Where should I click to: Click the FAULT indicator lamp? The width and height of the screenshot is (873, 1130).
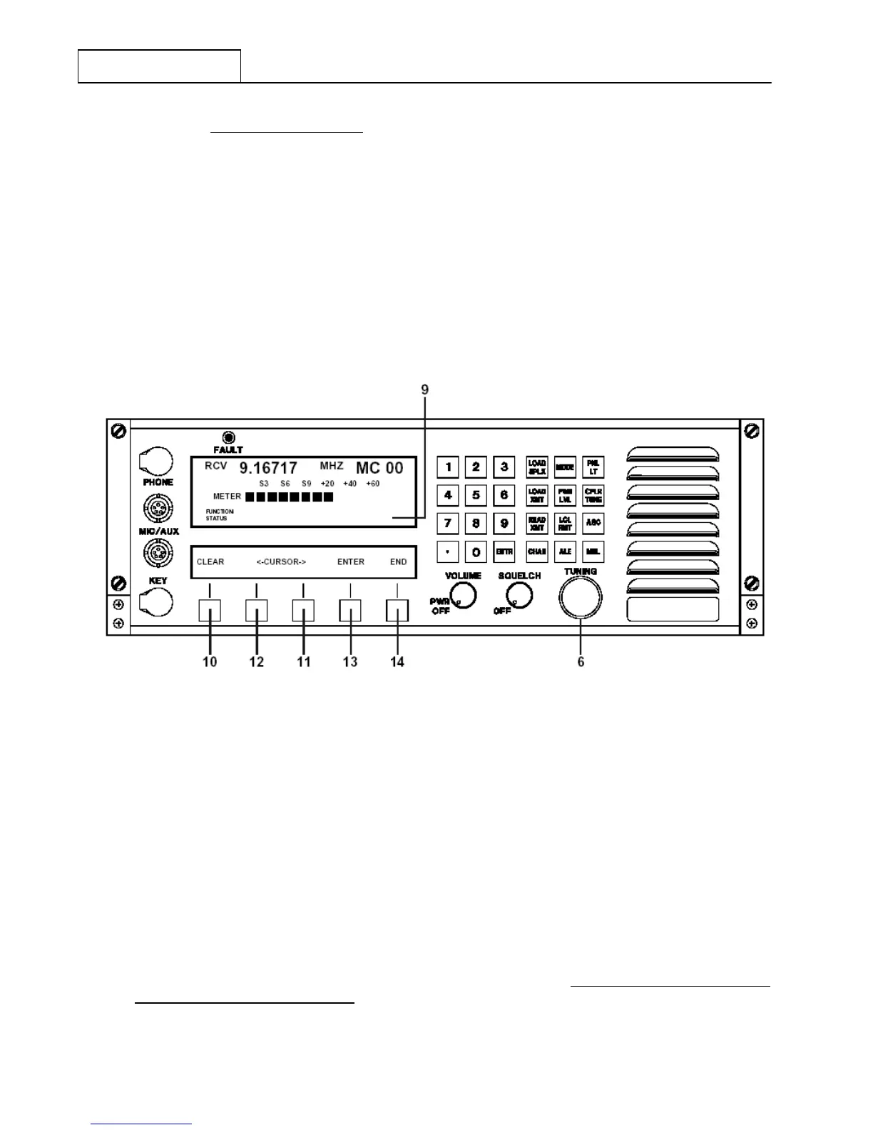pyautogui.click(x=228, y=438)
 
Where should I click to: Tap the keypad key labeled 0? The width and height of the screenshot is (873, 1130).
pyautogui.click(x=476, y=551)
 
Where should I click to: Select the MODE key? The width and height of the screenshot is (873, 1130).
pyautogui.click(x=565, y=467)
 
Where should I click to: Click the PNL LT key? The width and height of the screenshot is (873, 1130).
pyautogui.click(x=593, y=467)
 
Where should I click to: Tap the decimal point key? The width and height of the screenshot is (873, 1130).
pyautogui.click(x=448, y=551)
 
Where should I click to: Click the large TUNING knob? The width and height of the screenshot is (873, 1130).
pyautogui.click(x=581, y=597)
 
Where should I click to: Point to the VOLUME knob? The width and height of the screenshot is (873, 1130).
pyautogui.click(x=463, y=594)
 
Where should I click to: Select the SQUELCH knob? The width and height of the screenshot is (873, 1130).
pyautogui.click(x=519, y=594)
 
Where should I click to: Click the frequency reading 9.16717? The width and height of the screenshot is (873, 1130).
pyautogui.click(x=268, y=469)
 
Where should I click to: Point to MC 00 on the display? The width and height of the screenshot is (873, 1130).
pyautogui.click(x=379, y=469)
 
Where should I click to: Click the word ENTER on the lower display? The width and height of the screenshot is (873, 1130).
pyautogui.click(x=351, y=562)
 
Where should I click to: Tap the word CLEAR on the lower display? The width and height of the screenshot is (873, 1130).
pyautogui.click(x=210, y=562)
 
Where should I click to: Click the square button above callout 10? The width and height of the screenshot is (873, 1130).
pyautogui.click(x=210, y=611)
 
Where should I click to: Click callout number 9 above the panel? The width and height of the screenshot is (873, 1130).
pyautogui.click(x=425, y=390)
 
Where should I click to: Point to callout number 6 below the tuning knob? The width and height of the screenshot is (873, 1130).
pyautogui.click(x=581, y=662)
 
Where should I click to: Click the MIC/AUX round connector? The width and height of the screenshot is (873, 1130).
pyautogui.click(x=158, y=508)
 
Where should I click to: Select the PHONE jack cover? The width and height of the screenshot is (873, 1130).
pyautogui.click(x=157, y=462)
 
